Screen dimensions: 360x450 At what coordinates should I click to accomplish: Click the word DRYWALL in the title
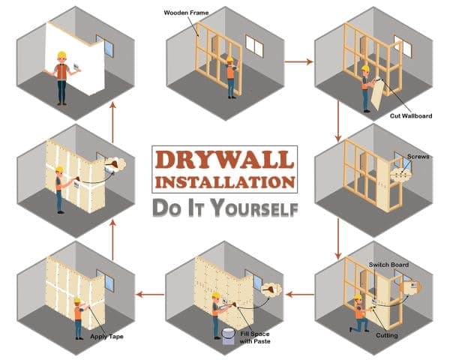(x=224, y=160)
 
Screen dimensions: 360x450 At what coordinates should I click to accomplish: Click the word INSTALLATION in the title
(x=224, y=182)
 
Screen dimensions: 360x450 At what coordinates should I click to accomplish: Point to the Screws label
(x=417, y=157)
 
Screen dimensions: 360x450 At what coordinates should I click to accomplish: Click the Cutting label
(x=387, y=334)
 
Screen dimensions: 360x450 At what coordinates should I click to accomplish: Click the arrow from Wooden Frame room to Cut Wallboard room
(x=300, y=61)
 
